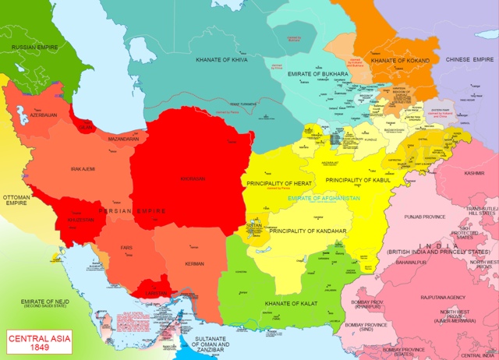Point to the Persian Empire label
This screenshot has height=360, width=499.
coord(132,211)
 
